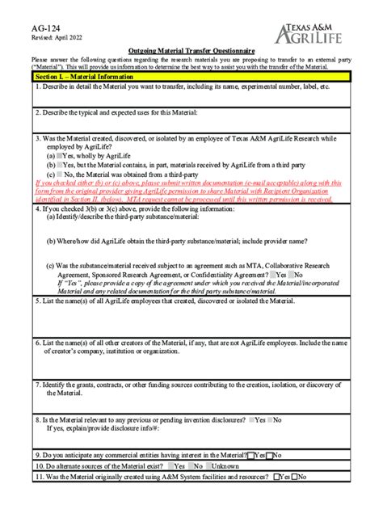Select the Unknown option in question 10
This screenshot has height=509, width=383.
tap(213, 466)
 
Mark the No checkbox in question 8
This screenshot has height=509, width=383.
tap(271, 420)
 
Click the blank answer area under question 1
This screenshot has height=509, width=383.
tap(191, 98)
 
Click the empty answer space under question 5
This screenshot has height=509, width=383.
tap(191, 319)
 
